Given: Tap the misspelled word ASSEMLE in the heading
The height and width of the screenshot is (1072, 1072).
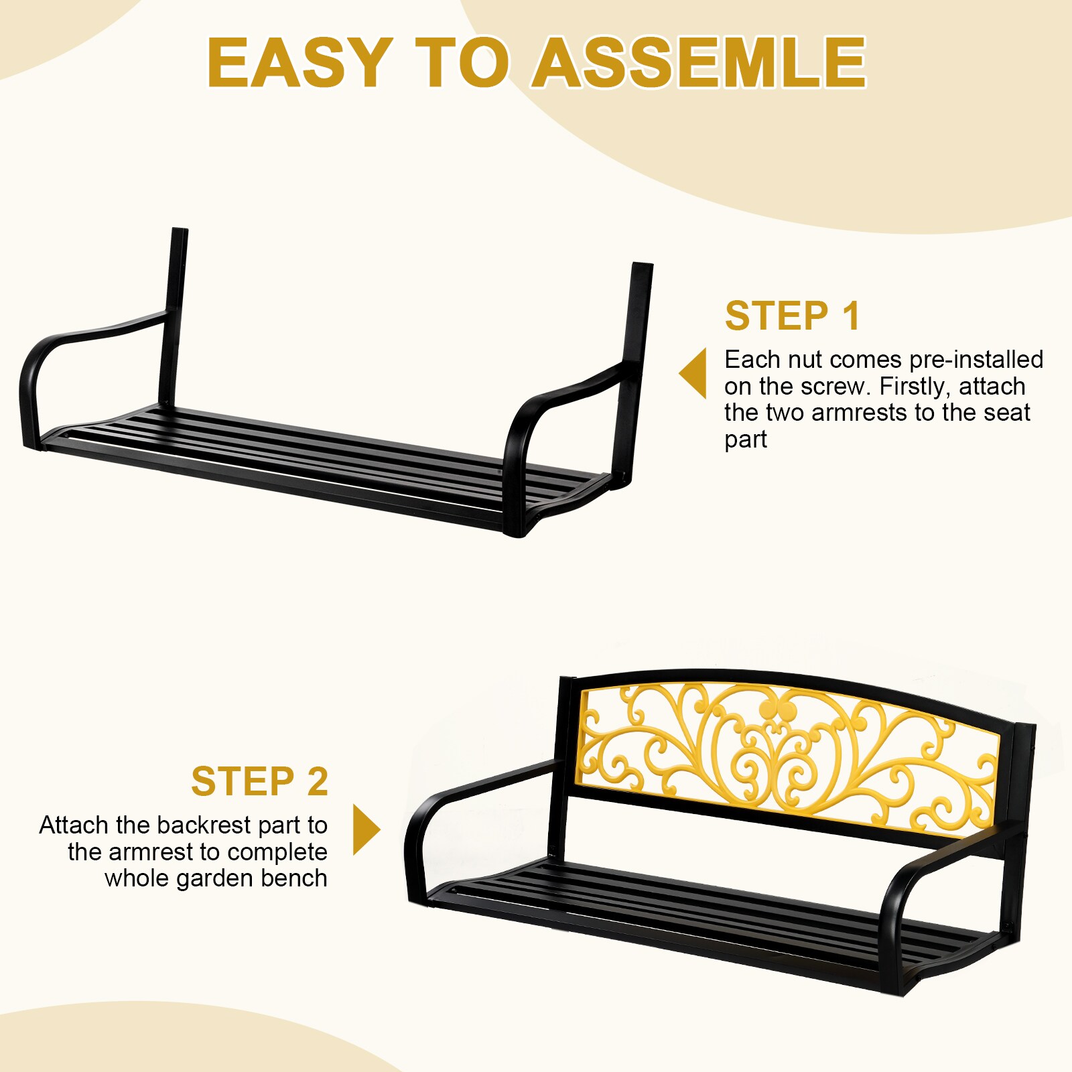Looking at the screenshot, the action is [x=699, y=62].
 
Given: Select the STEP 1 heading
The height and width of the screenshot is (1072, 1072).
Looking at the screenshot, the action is [x=793, y=316].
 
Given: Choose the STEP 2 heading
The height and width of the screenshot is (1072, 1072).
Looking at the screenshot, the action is [x=259, y=781].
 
